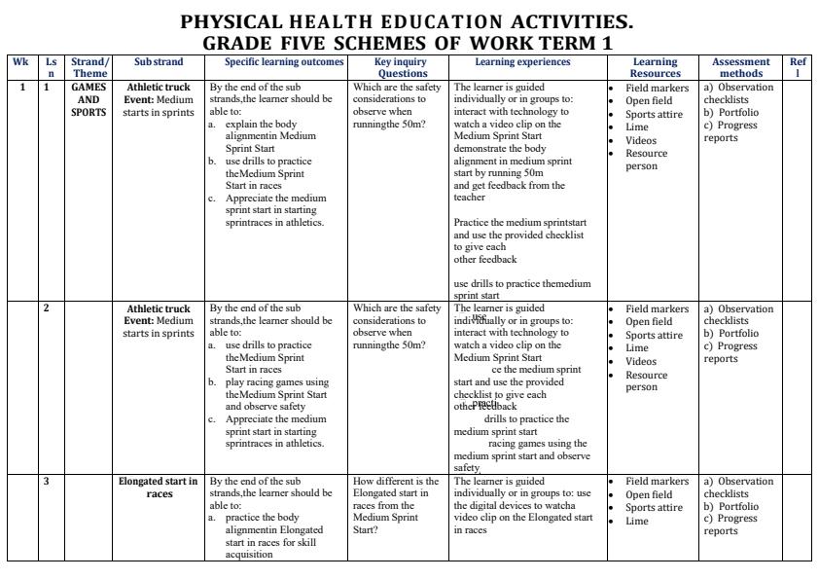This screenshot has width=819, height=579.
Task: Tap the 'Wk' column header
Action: tap(20, 61)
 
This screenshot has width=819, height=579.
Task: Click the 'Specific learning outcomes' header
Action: tap(277, 61)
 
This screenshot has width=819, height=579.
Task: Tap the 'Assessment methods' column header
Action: tap(741, 67)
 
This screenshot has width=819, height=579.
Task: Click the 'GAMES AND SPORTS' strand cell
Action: tap(89, 99)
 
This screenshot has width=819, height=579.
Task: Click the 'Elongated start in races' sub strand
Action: tap(158, 487)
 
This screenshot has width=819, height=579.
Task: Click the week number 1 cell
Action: tap(20, 88)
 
